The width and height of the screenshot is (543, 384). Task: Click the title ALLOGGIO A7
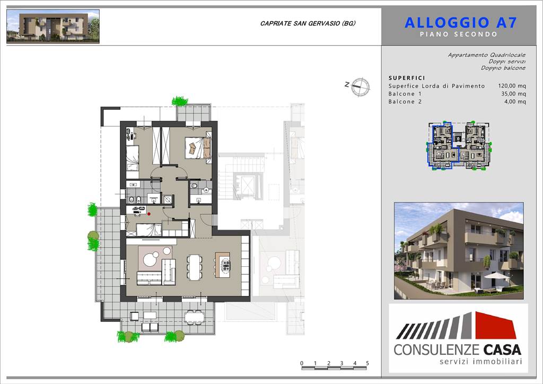[461, 23]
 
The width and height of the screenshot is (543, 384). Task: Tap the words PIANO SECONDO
[459, 34]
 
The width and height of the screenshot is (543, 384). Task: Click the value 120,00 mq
[512, 86]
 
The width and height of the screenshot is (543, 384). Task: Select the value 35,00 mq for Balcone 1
[513, 94]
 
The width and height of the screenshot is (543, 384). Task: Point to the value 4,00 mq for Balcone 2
[515, 102]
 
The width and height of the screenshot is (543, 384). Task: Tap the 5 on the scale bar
[367, 363]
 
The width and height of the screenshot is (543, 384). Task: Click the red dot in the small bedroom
[149, 214]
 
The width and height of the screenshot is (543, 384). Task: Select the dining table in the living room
[195, 267]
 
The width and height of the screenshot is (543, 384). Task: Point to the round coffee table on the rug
[150, 259]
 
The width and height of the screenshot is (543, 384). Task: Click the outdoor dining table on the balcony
[194, 317]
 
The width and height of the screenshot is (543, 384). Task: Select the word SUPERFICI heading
[407, 78]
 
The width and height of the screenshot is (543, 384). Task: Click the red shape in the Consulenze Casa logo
[496, 325]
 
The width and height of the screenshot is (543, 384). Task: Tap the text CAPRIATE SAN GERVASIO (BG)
[308, 23]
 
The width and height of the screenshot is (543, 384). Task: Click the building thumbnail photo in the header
[53, 27]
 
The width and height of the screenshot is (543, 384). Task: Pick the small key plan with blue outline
[459, 145]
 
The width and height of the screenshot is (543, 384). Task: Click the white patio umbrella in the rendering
[496, 276]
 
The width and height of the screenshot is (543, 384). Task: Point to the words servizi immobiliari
[480, 362]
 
